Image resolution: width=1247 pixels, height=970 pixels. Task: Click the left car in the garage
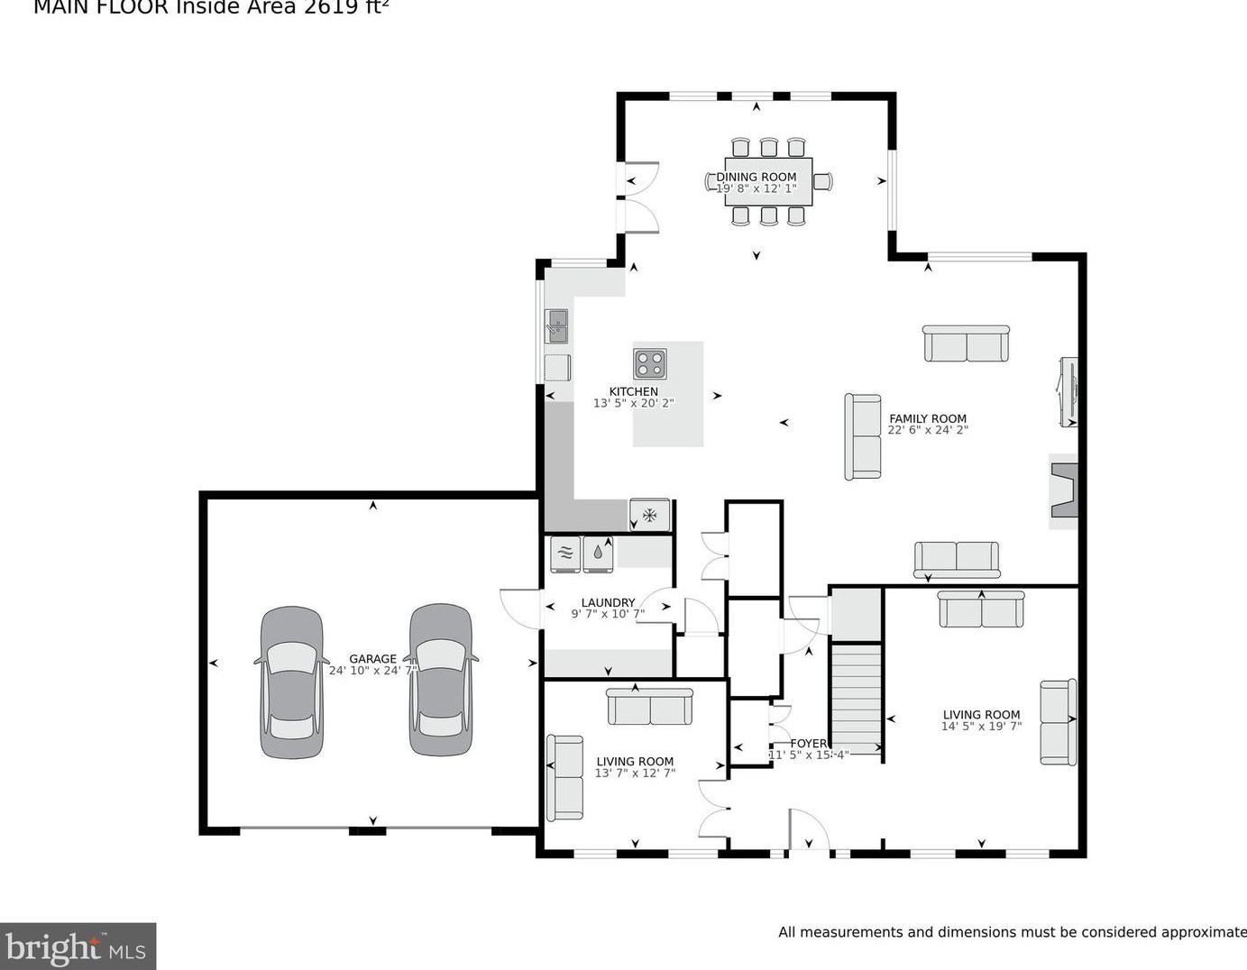coord(291,682)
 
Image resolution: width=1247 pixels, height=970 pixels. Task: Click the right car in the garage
coord(440,680)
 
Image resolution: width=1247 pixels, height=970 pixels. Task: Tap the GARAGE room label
coord(372,659)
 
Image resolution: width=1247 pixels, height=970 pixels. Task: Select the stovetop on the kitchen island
coord(649,363)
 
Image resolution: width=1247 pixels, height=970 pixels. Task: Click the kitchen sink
coord(556,325)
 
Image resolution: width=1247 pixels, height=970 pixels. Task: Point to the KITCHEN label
coord(633,391)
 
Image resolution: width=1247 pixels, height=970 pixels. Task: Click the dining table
coord(768,181)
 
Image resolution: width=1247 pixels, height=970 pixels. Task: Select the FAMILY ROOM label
coord(927,418)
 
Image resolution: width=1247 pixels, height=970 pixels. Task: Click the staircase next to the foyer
coord(855,699)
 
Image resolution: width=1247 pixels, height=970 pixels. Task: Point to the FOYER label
coord(808,744)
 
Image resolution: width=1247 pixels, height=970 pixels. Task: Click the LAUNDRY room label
coord(608,602)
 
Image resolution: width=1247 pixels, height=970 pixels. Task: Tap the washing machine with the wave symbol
coord(565,554)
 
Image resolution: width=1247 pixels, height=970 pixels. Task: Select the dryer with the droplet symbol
coord(598,554)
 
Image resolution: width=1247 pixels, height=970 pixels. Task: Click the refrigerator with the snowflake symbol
coord(649,515)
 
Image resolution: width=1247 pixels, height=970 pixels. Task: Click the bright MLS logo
coord(78,947)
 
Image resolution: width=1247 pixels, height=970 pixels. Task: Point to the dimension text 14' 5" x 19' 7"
coord(981,727)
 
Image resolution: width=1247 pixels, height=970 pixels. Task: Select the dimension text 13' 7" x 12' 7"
coord(635,773)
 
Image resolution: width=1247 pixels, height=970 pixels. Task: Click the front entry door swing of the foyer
coord(808,829)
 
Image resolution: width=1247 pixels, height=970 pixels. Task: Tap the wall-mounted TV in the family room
coord(1068,392)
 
